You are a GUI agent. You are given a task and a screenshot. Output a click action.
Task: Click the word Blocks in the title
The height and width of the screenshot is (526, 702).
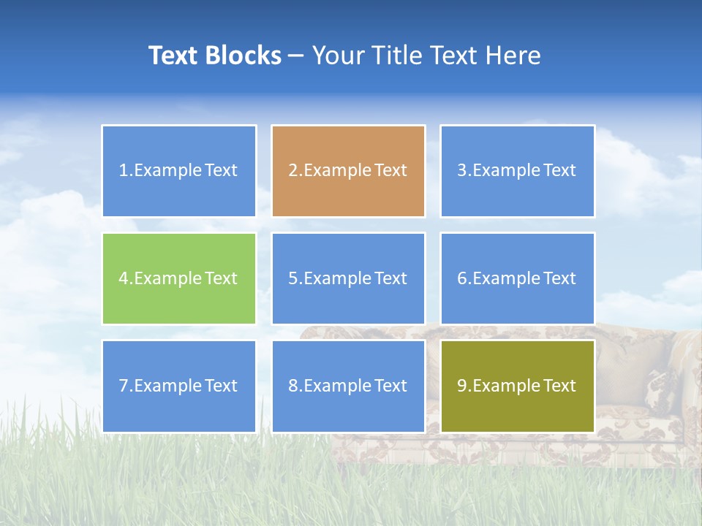(245, 56)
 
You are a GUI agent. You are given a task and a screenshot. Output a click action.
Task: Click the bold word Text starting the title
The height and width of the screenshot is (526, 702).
(176, 56)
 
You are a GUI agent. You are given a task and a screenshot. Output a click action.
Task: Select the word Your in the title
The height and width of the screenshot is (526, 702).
(337, 56)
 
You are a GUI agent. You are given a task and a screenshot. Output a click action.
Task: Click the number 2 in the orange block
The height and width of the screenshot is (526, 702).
(292, 171)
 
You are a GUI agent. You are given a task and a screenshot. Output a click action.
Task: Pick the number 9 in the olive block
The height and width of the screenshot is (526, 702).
(462, 386)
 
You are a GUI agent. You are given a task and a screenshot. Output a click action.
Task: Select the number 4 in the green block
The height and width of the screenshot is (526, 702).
(124, 279)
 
